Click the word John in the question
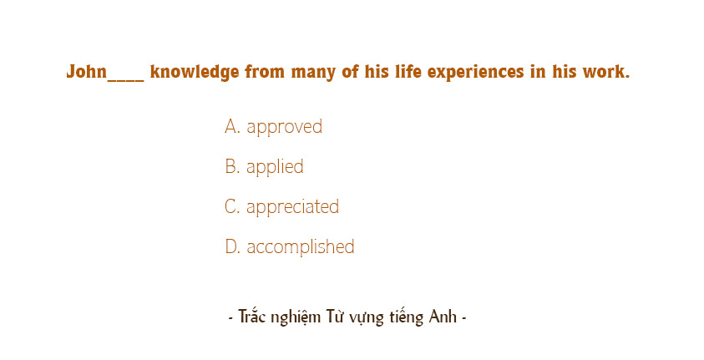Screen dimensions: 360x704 point(87,72)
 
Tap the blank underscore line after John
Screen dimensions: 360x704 point(126,77)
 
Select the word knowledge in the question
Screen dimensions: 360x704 point(195,72)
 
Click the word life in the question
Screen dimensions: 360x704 point(403,72)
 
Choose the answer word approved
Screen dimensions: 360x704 point(284,127)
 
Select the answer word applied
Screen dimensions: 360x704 point(275,167)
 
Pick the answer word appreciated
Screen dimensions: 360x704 point(292,207)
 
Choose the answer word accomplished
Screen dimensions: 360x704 point(300,247)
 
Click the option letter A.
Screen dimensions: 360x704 point(231,127)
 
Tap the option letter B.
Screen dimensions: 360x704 point(231,167)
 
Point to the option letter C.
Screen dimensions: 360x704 point(231,207)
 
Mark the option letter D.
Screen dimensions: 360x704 point(231,247)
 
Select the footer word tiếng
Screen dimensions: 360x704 point(407,318)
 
